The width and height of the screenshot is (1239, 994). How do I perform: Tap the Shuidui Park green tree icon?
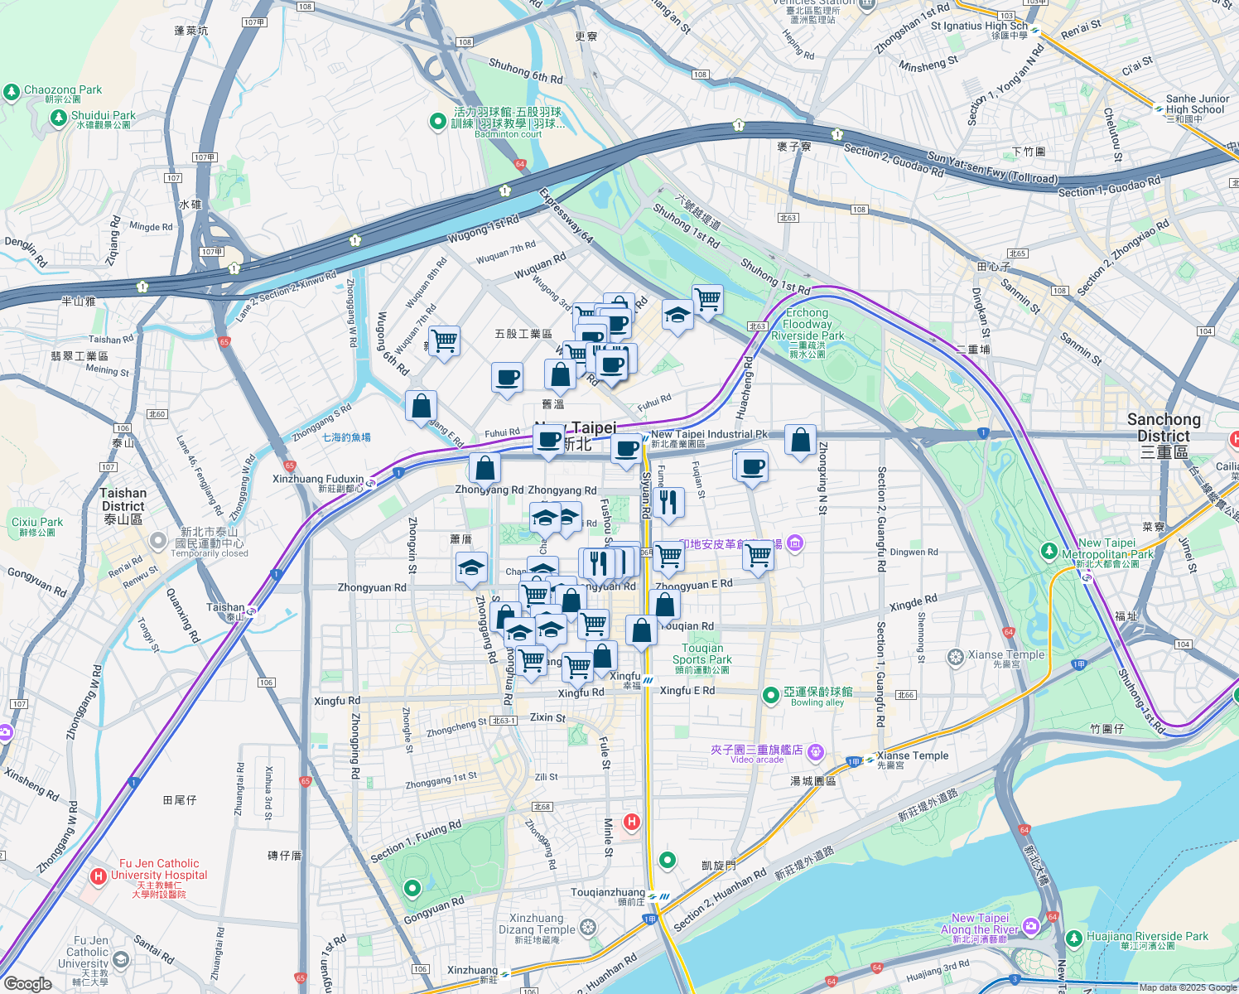[58, 118]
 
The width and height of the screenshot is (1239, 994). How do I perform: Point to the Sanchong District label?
[1163, 427]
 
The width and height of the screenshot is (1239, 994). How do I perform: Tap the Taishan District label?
[123, 499]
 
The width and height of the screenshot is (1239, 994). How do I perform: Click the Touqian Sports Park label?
[702, 654]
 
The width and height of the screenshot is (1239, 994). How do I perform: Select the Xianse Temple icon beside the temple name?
[956, 658]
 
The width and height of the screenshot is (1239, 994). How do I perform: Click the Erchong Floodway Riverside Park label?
[808, 325]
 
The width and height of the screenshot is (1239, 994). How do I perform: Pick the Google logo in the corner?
[28, 984]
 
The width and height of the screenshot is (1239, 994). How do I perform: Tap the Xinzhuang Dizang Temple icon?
[588, 926]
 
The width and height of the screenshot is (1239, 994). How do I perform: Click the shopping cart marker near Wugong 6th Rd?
[444, 340]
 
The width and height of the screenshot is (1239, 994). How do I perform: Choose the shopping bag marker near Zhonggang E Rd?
[421, 407]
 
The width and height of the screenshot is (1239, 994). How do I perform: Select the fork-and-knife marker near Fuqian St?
[668, 502]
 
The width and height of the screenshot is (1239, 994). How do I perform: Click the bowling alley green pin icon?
[771, 695]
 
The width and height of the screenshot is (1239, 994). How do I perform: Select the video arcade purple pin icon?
[816, 751]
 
